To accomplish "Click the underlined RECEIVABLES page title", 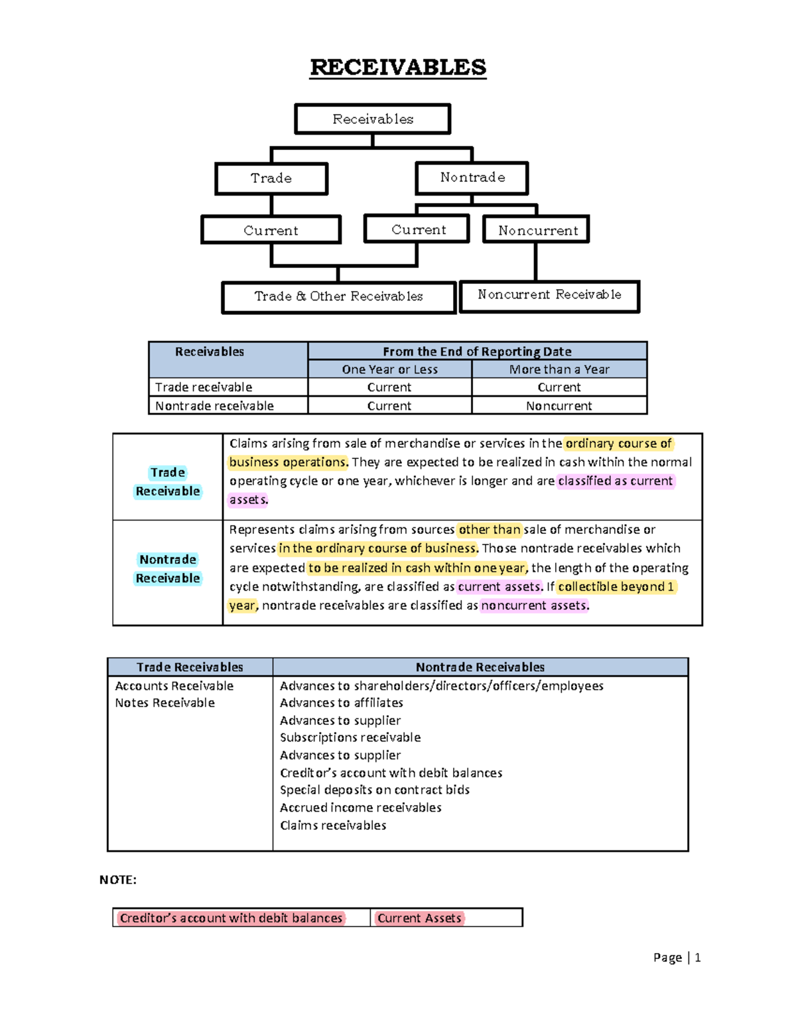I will pyautogui.click(x=398, y=67).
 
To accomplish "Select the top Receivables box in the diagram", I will pyautogui.click(x=373, y=119).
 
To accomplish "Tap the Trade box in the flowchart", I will pyautogui.click(x=271, y=178).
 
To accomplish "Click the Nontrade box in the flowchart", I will pyautogui.click(x=472, y=178).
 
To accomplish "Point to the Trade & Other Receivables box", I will pyautogui.click(x=338, y=296).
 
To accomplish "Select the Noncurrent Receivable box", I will pyautogui.click(x=549, y=295).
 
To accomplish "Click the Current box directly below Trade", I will pyautogui.click(x=271, y=230).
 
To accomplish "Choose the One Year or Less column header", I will pyautogui.click(x=389, y=369).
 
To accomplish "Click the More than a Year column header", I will pyautogui.click(x=559, y=369).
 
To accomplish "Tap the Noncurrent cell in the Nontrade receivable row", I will pyautogui.click(x=559, y=406).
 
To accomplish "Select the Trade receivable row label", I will pyautogui.click(x=204, y=387).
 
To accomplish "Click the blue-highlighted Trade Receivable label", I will pyautogui.click(x=168, y=482).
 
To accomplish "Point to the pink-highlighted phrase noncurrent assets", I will pyautogui.click(x=535, y=606).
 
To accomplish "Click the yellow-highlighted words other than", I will pyautogui.click(x=490, y=529).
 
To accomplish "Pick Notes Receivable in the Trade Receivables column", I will pyautogui.click(x=165, y=703).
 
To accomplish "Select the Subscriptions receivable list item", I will pyautogui.click(x=350, y=738).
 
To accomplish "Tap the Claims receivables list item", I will pyautogui.click(x=333, y=826).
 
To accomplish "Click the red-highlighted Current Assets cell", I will pyautogui.click(x=419, y=918).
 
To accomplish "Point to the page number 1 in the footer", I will pyautogui.click(x=697, y=957).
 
